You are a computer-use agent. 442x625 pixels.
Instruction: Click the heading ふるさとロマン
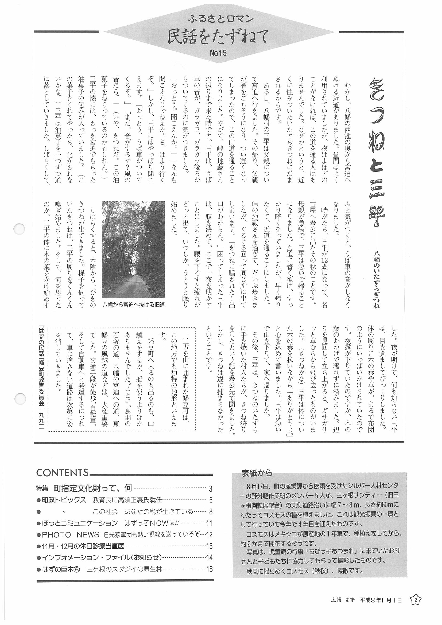point(220,19)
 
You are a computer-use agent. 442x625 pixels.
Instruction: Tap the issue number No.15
point(218,53)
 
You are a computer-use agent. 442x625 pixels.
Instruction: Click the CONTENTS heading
point(62,480)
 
